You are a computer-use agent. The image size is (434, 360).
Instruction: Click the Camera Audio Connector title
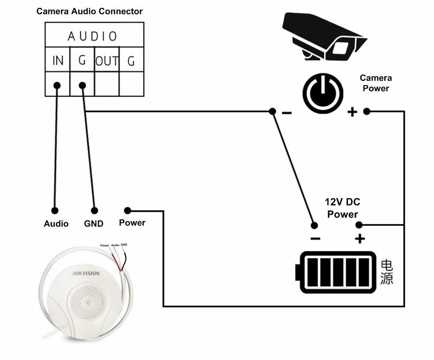click(90, 11)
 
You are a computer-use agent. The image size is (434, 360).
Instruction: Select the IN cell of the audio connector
click(58, 60)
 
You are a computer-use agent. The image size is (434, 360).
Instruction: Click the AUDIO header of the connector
click(93, 36)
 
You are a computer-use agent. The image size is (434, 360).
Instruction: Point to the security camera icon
click(325, 37)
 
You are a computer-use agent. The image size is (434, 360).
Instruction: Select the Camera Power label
click(375, 83)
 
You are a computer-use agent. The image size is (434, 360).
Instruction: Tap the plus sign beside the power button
click(352, 112)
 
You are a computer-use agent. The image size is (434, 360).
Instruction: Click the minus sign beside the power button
click(287, 113)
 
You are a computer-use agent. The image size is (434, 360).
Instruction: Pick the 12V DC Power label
click(342, 208)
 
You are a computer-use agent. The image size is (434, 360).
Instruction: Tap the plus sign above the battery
click(360, 239)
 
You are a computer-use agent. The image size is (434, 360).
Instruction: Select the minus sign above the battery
click(315, 239)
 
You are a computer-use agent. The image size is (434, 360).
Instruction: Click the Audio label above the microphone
click(56, 224)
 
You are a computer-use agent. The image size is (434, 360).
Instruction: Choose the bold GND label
click(94, 224)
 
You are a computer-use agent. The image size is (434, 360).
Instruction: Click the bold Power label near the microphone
click(132, 223)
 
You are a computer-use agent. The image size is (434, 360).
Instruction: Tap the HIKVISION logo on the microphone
click(86, 274)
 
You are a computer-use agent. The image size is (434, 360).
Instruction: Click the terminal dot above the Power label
click(127, 210)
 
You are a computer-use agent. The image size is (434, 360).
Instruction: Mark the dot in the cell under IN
click(57, 85)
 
